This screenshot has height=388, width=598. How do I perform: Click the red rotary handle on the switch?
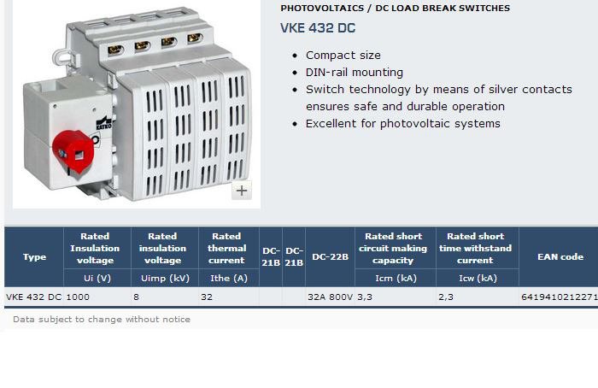coord(73,151)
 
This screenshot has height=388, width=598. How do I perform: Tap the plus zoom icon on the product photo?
coord(242,190)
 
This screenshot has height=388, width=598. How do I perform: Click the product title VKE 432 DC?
coord(318,28)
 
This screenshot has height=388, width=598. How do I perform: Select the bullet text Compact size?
coord(343,56)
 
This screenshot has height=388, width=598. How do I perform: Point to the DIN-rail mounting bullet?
coord(355,72)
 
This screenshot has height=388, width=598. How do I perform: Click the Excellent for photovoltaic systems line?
coord(402,124)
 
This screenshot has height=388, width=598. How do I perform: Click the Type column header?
coord(34,256)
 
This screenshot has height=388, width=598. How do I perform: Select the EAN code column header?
coord(560,256)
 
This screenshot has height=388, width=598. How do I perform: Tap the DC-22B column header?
coord(330,256)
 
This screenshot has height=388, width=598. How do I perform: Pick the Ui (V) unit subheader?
coord(97,278)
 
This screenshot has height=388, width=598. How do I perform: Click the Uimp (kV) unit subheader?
coord(165,278)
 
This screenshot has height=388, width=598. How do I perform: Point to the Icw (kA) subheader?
coord(478,278)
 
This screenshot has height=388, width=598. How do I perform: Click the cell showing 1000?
coord(78,297)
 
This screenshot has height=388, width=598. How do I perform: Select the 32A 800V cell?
coord(331,297)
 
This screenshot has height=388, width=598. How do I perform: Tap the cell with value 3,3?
coord(365,297)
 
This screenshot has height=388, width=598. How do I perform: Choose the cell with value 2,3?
coord(446,297)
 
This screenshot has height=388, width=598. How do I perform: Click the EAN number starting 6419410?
coord(560,297)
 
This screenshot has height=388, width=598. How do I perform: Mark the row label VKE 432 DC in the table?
coord(34,297)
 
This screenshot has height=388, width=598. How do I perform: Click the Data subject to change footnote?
coord(102,320)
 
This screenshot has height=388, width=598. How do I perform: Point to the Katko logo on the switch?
coord(103,122)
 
